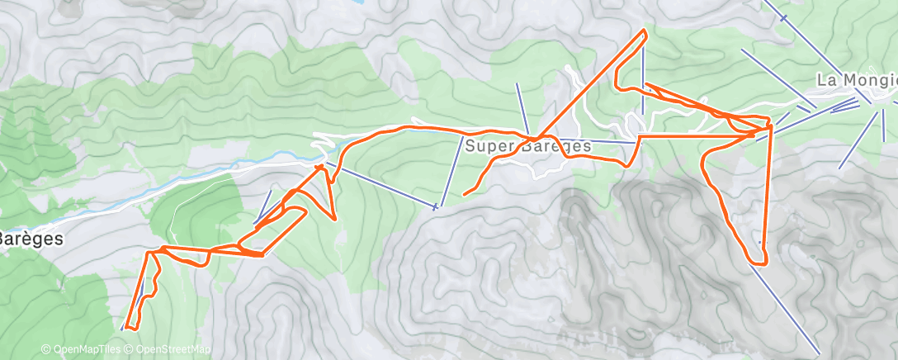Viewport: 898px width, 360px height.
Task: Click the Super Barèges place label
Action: pyautogui.click(x=527, y=146)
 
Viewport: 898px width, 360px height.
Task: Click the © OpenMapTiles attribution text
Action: pyautogui.click(x=81, y=350)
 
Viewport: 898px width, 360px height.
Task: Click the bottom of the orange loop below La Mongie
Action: pyautogui.click(x=759, y=263)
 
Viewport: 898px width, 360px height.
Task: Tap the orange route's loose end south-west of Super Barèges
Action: pyautogui.click(x=465, y=195)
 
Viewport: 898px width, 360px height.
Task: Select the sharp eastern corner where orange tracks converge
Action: pyautogui.click(x=769, y=127)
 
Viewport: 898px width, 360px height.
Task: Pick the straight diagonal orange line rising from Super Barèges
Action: pyautogui.click(x=590, y=83)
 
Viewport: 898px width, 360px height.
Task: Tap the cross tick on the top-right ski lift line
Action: pyautogui.click(x=782, y=17)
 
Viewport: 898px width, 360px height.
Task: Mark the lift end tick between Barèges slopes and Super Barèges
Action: pyautogui.click(x=435, y=206)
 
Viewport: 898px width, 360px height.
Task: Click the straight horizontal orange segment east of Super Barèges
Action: pyautogui.click(x=702, y=135)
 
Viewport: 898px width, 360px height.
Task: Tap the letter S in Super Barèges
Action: pyautogui.click(x=469, y=146)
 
